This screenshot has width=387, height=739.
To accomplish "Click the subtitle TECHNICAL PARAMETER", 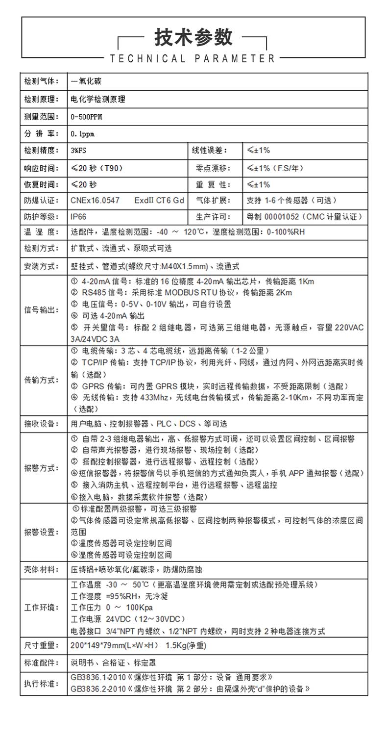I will (193, 59).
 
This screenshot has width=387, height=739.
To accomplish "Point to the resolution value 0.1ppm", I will (82, 134).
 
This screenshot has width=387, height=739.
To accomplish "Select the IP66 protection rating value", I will (79, 216).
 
